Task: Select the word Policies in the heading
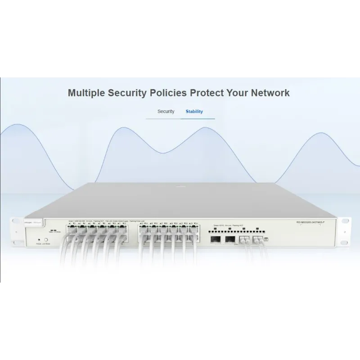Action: (x=173, y=93)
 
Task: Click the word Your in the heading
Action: (x=242, y=93)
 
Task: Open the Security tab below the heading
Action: (x=166, y=111)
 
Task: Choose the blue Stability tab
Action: (x=194, y=111)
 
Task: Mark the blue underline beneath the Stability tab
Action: (x=198, y=118)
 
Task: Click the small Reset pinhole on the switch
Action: (x=39, y=240)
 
